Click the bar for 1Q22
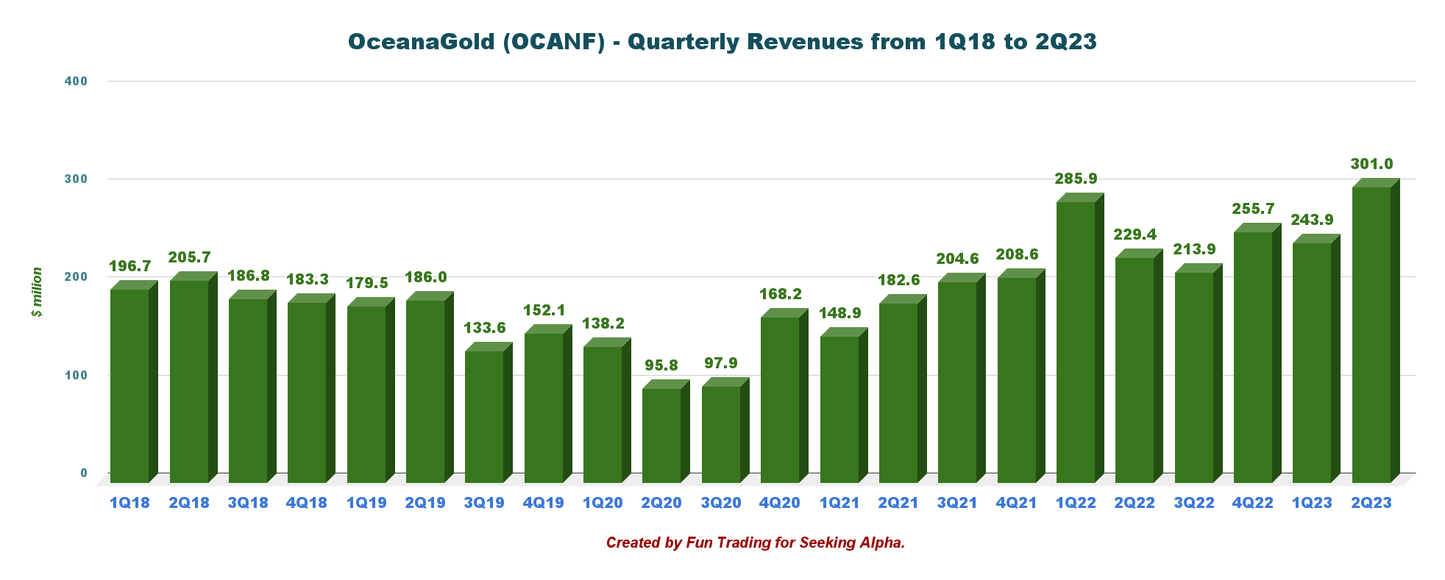(1076, 342)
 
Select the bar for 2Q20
(661, 435)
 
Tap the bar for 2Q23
(1371, 334)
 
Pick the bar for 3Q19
(484, 417)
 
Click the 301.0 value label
(1371, 164)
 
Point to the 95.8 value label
(661, 365)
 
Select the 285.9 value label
(1076, 179)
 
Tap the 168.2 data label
(780, 294)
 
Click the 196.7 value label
(129, 266)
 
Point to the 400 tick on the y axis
(76, 81)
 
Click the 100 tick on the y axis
(76, 375)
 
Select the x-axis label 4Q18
(307, 503)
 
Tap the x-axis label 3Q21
(957, 503)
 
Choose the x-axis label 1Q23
(1312, 503)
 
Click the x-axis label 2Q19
(425, 503)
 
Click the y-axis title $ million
(37, 292)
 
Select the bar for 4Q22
(1253, 357)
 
